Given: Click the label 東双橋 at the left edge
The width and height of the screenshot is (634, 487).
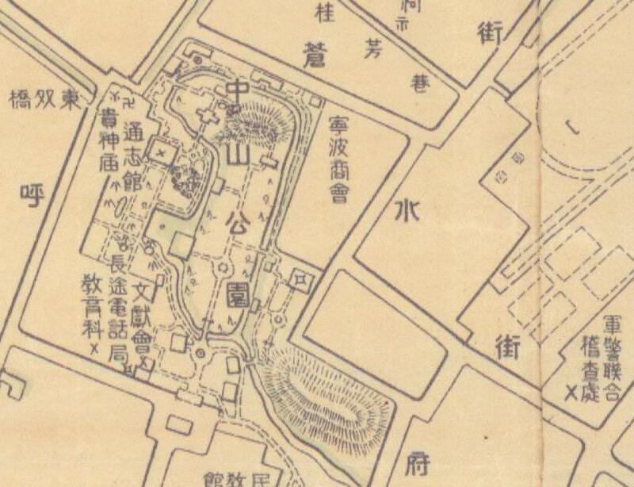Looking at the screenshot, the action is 44,100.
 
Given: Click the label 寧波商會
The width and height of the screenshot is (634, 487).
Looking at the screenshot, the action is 339,159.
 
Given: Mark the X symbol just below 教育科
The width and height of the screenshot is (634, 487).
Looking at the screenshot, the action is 94,349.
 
